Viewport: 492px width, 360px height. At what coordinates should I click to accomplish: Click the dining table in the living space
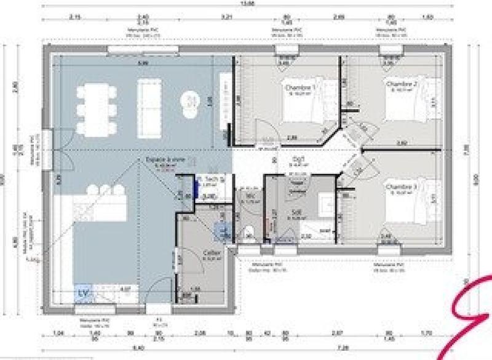pyautogui.click(x=97, y=109)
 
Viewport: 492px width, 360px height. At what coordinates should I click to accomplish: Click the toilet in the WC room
pyautogui.click(x=249, y=233)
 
